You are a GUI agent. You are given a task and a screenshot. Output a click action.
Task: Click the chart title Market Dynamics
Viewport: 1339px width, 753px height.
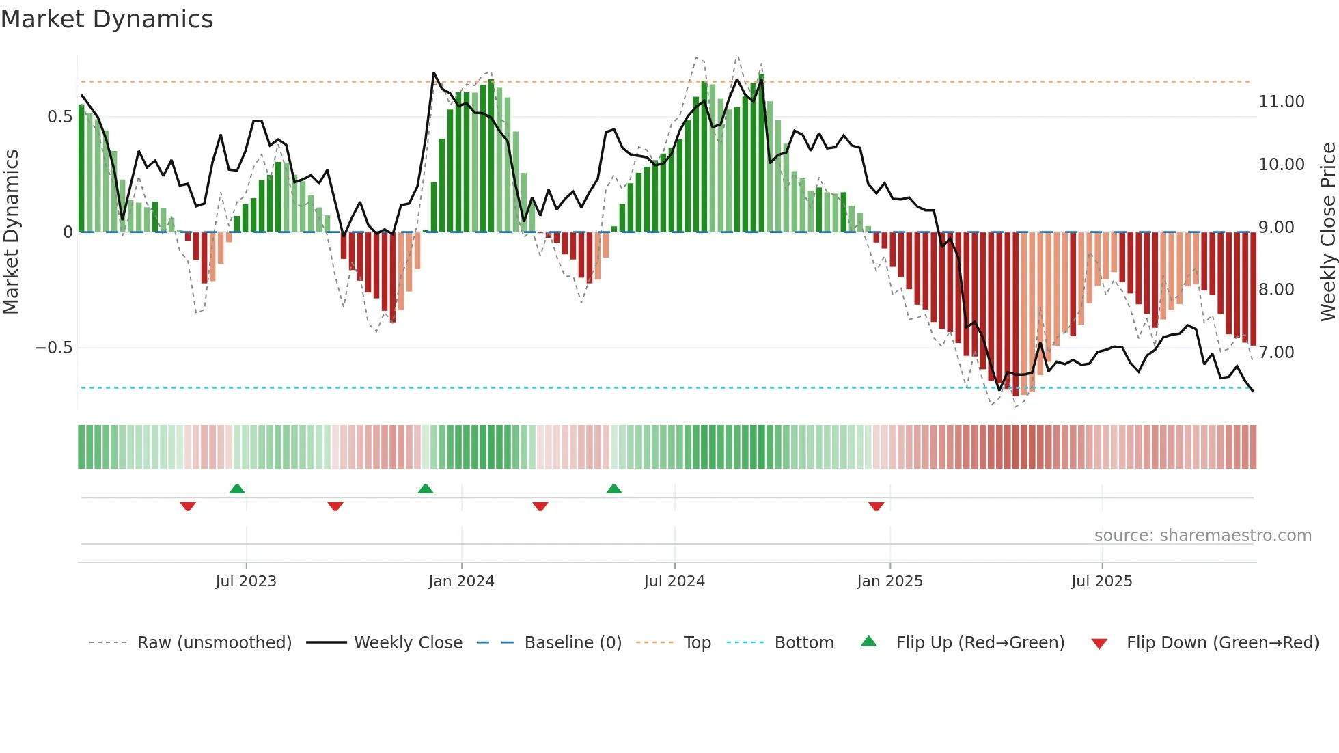tap(107, 19)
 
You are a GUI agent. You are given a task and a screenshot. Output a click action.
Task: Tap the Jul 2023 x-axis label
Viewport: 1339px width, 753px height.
tap(246, 581)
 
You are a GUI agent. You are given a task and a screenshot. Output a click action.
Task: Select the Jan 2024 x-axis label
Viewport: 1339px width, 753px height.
tap(461, 581)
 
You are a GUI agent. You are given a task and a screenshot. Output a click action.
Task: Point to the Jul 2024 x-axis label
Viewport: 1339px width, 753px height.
tap(674, 581)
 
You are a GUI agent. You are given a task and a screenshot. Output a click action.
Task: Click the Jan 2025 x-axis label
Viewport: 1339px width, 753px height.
tap(889, 581)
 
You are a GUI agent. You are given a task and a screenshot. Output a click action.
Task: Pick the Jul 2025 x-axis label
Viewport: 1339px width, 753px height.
tap(1101, 581)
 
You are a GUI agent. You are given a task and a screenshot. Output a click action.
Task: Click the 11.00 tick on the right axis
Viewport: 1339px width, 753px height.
tap(1281, 102)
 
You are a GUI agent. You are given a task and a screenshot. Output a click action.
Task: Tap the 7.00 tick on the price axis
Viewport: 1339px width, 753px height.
tap(1276, 353)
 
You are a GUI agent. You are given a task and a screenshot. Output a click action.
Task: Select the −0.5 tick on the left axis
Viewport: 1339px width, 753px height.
tap(53, 348)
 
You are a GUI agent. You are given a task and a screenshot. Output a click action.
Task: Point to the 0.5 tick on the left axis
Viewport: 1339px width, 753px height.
tap(59, 117)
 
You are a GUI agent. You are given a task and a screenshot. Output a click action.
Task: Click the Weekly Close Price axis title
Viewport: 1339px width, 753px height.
tap(1327, 232)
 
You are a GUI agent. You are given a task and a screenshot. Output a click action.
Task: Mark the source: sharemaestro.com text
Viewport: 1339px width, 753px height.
tap(1202, 536)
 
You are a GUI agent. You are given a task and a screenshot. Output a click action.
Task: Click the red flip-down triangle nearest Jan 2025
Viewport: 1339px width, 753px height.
tap(876, 506)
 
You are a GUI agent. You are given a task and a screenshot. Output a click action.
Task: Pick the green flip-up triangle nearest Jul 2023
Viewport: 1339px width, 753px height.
tap(237, 489)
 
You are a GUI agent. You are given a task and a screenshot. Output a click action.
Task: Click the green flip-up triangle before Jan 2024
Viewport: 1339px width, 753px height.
tap(425, 489)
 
